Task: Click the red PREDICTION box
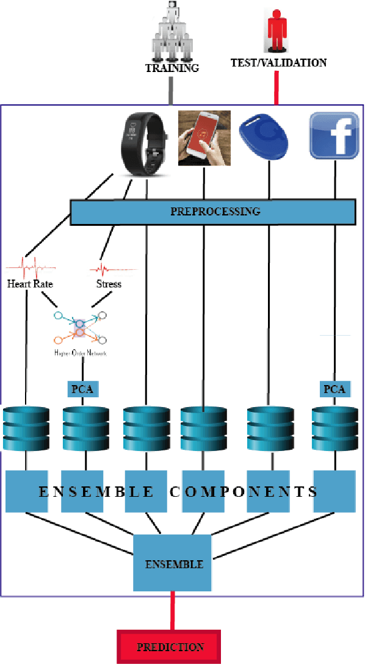170,647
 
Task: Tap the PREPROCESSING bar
214,212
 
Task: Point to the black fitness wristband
145,144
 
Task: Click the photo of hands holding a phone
204,138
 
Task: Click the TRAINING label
172,68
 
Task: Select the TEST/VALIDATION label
278,62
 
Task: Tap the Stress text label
109,284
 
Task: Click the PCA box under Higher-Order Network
82,389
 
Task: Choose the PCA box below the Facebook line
334,389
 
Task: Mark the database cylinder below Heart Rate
26,428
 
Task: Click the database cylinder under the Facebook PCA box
334,428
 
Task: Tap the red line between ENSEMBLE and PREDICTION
172,612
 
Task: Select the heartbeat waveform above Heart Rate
31,267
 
